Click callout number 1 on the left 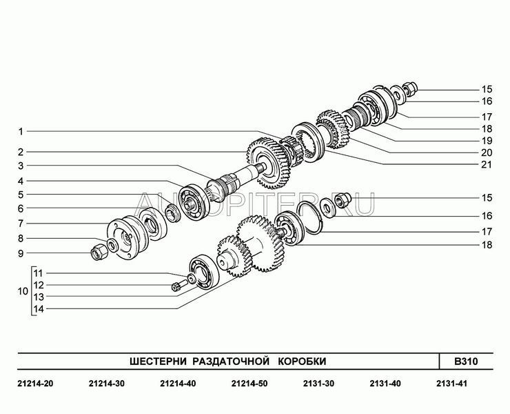point(21,132)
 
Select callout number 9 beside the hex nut point(21,253)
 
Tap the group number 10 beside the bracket point(23,291)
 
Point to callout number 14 point(39,309)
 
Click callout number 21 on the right point(487,164)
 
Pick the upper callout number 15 point(487,89)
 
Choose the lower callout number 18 point(487,245)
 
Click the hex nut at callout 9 point(98,253)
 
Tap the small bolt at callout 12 point(178,286)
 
